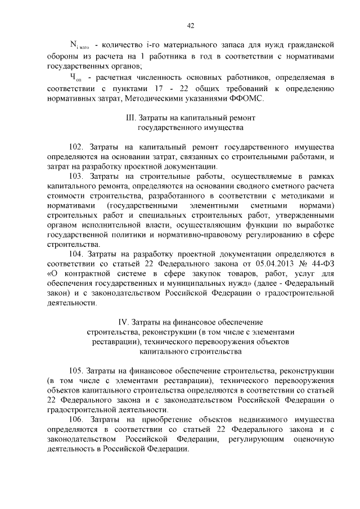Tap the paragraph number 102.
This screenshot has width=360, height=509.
[76, 146]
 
